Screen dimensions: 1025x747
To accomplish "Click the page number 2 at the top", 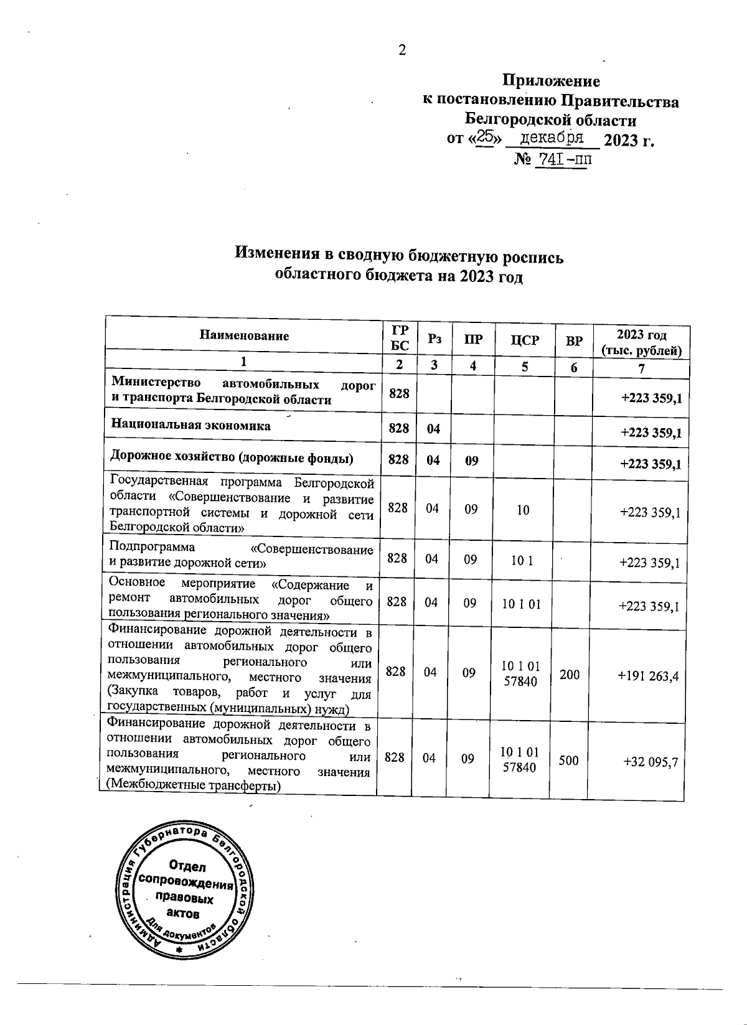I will (402, 50).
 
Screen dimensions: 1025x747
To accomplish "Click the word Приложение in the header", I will (551, 82).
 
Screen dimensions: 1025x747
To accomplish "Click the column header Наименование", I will (244, 336).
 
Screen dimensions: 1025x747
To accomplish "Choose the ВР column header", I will (574, 340).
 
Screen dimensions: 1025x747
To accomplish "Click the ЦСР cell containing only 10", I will (522, 510).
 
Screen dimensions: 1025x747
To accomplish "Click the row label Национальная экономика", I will (190, 426).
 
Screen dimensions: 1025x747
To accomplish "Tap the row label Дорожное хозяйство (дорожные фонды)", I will (232, 459).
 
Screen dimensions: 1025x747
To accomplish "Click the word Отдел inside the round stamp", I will (186, 866).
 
